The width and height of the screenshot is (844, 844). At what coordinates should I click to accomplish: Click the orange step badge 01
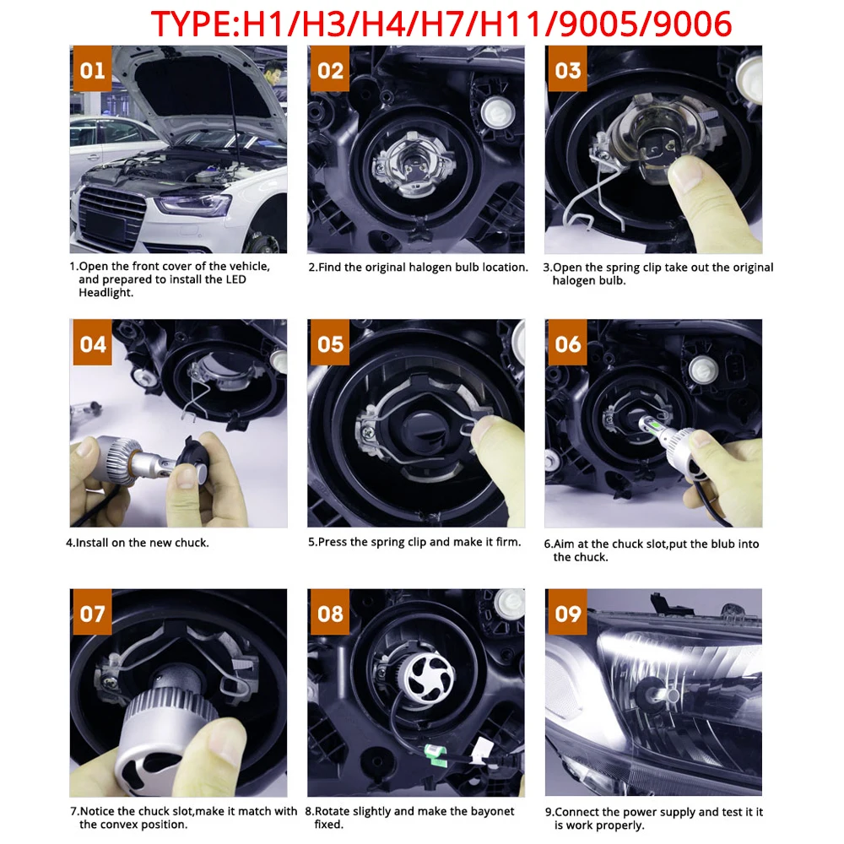(x=92, y=70)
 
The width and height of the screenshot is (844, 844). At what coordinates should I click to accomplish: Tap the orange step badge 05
(x=331, y=344)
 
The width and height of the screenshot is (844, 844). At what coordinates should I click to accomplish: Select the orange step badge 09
(x=568, y=613)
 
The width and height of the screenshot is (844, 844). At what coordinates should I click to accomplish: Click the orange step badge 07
(x=92, y=613)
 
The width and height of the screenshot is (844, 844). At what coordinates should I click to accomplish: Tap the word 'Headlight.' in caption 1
(x=105, y=293)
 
